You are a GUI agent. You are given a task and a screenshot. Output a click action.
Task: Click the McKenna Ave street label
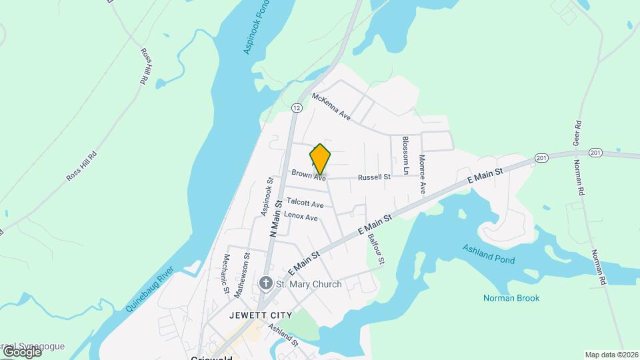coord(331,106)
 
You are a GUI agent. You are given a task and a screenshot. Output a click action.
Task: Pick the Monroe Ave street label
coord(422,174)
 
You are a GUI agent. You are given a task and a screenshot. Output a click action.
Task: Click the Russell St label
coord(374,177)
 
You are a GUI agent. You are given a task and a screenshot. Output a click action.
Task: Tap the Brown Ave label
coord(309,175)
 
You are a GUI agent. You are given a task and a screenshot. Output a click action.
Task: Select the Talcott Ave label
coord(305,203)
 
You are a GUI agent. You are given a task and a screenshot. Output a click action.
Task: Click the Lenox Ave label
coord(301,216)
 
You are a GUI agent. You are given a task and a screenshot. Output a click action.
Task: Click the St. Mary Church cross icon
coord(265,284)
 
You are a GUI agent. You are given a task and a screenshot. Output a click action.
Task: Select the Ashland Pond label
coord(489,253)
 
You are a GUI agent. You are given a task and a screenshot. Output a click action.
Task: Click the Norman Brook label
coord(511,298)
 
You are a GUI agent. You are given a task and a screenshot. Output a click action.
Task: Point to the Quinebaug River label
coord(149,290)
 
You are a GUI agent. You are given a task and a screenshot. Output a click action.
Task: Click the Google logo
coord(21,352)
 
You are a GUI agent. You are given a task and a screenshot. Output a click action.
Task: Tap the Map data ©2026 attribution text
coord(611,355)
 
